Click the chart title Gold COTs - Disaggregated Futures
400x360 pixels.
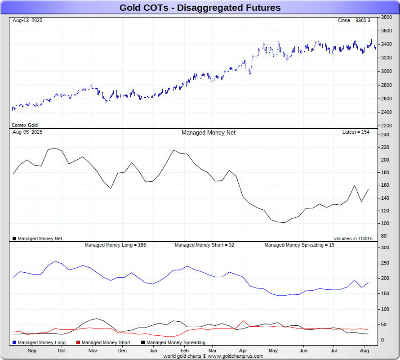coord(200,8)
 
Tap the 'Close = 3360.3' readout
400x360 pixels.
coord(354,21)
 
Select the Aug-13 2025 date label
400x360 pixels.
coord(27,21)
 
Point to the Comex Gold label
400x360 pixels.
coord(25,125)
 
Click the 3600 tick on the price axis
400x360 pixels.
coord(386,31)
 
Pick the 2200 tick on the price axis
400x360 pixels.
coord(386,126)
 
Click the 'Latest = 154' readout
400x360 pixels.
coord(356,132)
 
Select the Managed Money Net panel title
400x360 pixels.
coord(208,132)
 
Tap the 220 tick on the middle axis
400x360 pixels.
coord(384,147)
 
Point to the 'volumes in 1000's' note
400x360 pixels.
coord(353,238)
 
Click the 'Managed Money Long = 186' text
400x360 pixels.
coord(115,245)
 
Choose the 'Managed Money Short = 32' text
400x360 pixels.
coord(204,245)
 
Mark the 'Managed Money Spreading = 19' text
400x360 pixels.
coord(299,245)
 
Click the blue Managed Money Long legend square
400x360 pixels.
coord(15,342)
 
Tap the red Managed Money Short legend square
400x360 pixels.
coord(79,342)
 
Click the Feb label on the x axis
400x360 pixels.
coord(184,350)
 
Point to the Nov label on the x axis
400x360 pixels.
coord(93,350)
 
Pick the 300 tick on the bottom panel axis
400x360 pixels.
coord(385,247)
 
